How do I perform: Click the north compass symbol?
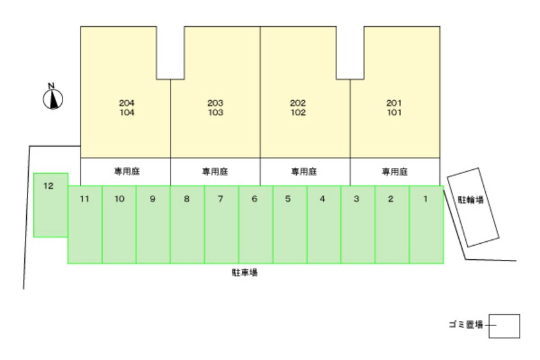click(x=53, y=99)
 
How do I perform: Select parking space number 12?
click(x=50, y=205)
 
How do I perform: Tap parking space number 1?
click(x=426, y=225)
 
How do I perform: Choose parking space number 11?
click(x=85, y=225)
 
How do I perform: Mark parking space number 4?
click(x=324, y=225)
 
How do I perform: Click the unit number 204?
click(x=127, y=103)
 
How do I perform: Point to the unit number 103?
click(x=216, y=112)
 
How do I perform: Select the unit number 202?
click(x=298, y=103)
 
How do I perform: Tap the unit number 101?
click(x=394, y=112)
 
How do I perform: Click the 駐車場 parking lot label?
click(x=245, y=273)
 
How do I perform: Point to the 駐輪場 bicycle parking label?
click(x=471, y=199)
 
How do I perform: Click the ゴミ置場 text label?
click(x=466, y=324)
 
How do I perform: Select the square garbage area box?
click(x=504, y=326)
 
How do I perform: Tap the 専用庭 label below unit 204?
click(x=127, y=171)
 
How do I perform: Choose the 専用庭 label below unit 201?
click(x=394, y=172)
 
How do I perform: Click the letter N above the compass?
click(x=51, y=86)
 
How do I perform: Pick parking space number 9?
click(x=154, y=225)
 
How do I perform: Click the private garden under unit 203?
click(x=215, y=172)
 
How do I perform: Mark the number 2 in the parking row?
click(x=391, y=199)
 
